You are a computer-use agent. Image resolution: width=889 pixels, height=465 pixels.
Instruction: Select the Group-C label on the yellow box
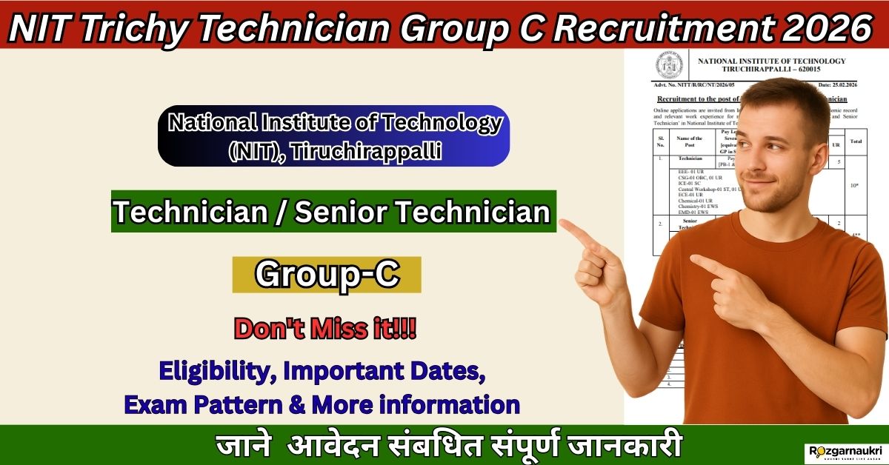(327, 274)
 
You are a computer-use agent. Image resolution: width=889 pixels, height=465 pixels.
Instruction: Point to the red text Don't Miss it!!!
(325, 328)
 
